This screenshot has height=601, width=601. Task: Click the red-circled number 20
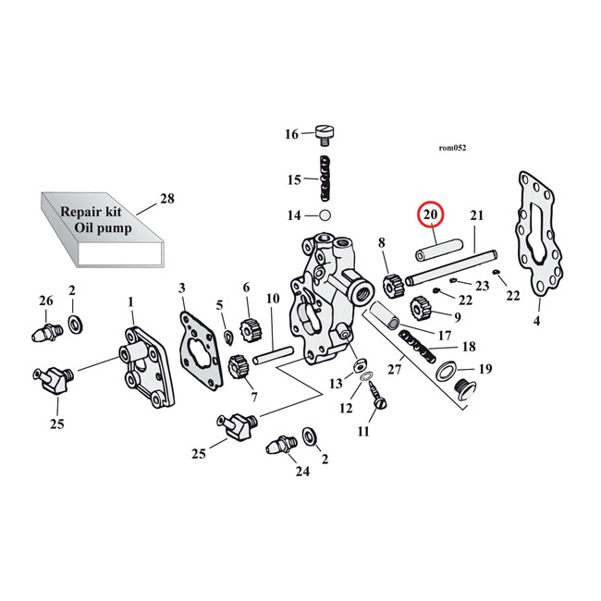coord(431,215)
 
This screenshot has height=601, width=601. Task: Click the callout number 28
coord(167,198)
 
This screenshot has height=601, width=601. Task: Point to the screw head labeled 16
coord(324,135)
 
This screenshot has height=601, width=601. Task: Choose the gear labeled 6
coord(247,328)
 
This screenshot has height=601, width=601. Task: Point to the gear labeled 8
coord(390,278)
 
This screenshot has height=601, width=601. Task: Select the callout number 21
coord(477,216)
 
